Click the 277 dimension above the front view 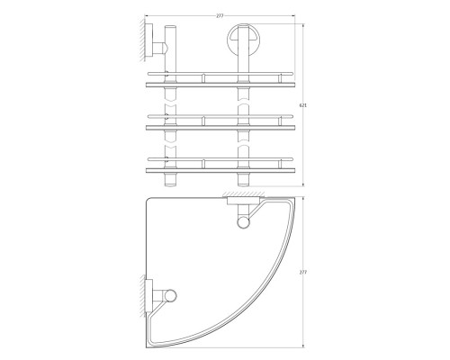coord(220,16)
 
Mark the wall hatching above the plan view coord(243,194)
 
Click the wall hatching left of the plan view coord(142,296)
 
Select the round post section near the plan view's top coord(243,223)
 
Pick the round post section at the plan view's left coord(170,295)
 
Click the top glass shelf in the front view coord(220,85)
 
